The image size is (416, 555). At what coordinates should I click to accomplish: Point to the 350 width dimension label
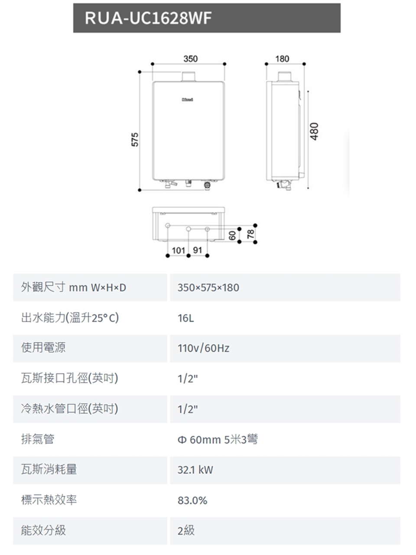190,59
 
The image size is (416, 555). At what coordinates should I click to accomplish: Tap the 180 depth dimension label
282,59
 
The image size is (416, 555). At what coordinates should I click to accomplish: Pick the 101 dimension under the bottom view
179,251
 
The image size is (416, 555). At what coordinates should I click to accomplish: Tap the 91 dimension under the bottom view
198,251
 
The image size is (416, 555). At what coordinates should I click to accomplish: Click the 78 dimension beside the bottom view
250,235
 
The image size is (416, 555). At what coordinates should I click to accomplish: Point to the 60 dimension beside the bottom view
233,235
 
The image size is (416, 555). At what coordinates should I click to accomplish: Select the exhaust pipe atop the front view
189,76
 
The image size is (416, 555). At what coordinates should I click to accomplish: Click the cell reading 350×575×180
208,288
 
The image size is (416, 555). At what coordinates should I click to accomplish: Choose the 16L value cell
186,318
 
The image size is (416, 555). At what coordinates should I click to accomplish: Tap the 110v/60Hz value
203,348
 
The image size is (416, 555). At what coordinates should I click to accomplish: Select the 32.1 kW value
195,470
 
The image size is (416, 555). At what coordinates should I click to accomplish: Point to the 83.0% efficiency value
192,501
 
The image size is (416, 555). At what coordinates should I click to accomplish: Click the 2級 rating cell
186,530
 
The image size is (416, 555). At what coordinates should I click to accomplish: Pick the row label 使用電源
43,347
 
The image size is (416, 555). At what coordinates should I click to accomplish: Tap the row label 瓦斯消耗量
49,469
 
